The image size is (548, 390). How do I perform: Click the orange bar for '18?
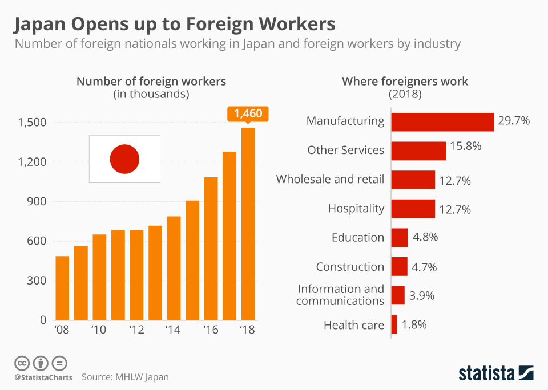tap(248, 224)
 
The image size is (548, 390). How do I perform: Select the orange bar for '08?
tap(62, 288)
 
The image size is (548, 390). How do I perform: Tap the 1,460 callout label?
tap(248, 114)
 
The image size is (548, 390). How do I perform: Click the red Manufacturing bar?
tap(442, 122)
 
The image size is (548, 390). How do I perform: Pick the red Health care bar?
tap(394, 324)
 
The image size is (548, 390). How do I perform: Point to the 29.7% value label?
tap(514, 121)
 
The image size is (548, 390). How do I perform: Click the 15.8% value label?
tap(466, 146)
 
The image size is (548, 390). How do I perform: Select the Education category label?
tap(358, 237)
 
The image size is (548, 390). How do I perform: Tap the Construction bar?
tap(400, 266)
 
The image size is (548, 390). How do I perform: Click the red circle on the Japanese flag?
tap(125, 159)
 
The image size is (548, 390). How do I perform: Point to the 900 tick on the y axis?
tap(37, 201)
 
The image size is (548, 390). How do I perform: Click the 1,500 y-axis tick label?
tap(32, 123)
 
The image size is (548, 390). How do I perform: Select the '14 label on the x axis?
tap(172, 330)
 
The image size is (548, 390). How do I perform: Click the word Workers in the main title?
tap(297, 25)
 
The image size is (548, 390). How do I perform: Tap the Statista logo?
tap(496, 373)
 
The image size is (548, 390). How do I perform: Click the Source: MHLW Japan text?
tap(125, 377)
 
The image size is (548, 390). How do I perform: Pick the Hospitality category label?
tap(356, 209)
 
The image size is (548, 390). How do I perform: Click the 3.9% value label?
tap(422, 296)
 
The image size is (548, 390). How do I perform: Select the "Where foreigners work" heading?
tap(405, 82)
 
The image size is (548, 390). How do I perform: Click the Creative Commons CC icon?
tap(22, 363)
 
